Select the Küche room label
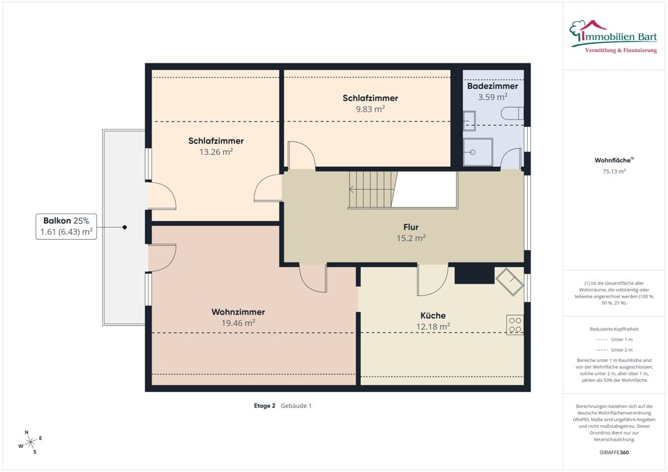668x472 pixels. [433, 315]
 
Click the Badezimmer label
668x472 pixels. [492, 86]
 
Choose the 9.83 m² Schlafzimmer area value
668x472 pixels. [370, 109]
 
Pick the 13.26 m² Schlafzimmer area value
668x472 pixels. [215, 152]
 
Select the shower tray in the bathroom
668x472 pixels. [480, 152]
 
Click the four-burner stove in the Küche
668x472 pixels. [515, 324]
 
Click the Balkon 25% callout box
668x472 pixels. [67, 227]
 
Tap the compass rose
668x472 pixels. [30, 441]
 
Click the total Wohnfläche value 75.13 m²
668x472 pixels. [614, 171]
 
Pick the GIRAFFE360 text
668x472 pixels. [615, 452]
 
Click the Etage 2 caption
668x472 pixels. [265, 405]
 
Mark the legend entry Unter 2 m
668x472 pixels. [615, 350]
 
